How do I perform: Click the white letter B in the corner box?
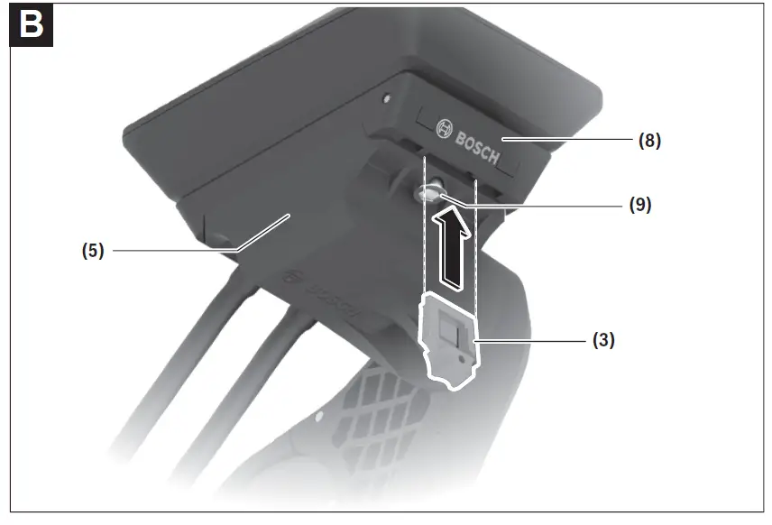pyautogui.click(x=30, y=24)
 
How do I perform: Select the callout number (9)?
pyautogui.click(x=639, y=205)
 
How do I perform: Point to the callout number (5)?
pyautogui.click(x=94, y=251)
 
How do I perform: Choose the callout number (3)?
pyautogui.click(x=603, y=341)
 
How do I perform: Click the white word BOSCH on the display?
pyautogui.click(x=477, y=147)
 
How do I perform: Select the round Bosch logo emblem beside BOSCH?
pyautogui.click(x=444, y=129)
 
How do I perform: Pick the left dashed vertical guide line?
pyautogui.click(x=424, y=226)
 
